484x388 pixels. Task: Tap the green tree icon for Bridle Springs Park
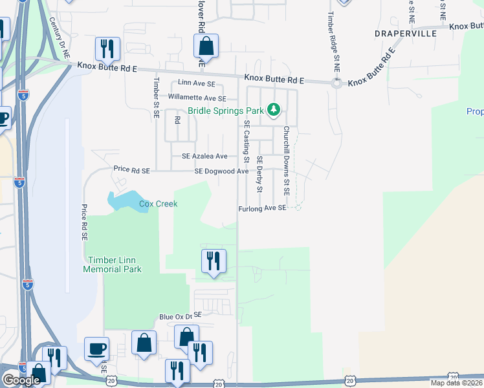274,110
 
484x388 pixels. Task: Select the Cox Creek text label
158,204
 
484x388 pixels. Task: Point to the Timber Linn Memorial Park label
112,264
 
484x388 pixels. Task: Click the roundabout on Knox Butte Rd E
336,83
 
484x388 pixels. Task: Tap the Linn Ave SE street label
195,84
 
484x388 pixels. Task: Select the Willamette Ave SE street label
197,98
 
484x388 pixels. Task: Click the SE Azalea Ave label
204,156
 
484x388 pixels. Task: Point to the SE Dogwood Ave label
222,171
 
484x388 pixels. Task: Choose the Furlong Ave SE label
261,208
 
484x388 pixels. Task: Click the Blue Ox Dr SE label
181,316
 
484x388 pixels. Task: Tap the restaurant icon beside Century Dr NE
107,48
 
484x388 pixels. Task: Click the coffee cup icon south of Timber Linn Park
96,349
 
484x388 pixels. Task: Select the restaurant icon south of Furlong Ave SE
213,261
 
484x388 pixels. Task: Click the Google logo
21,380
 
